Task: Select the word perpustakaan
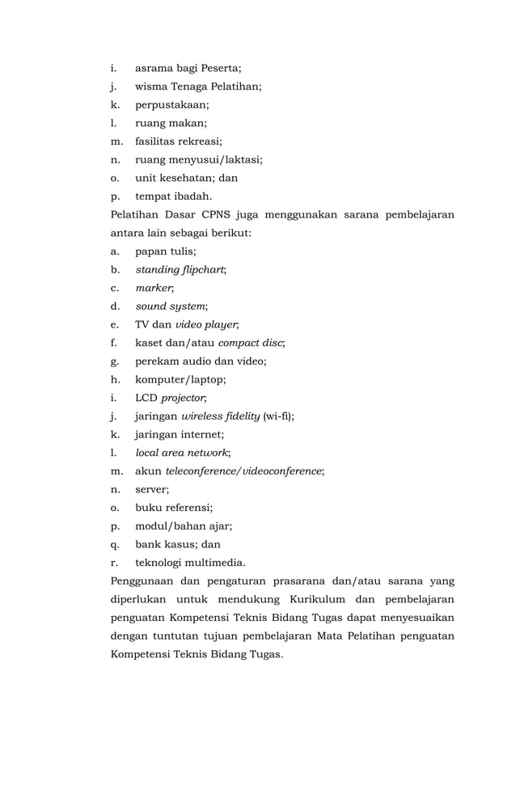(x=171, y=104)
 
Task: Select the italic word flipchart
(x=201, y=269)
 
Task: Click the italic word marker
(x=154, y=288)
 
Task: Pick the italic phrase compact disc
(x=251, y=343)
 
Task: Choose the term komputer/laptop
(x=180, y=379)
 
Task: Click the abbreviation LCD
(x=146, y=398)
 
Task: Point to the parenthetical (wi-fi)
(x=277, y=416)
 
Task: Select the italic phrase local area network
(x=182, y=453)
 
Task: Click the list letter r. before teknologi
(x=114, y=563)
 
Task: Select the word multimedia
(x=216, y=563)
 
